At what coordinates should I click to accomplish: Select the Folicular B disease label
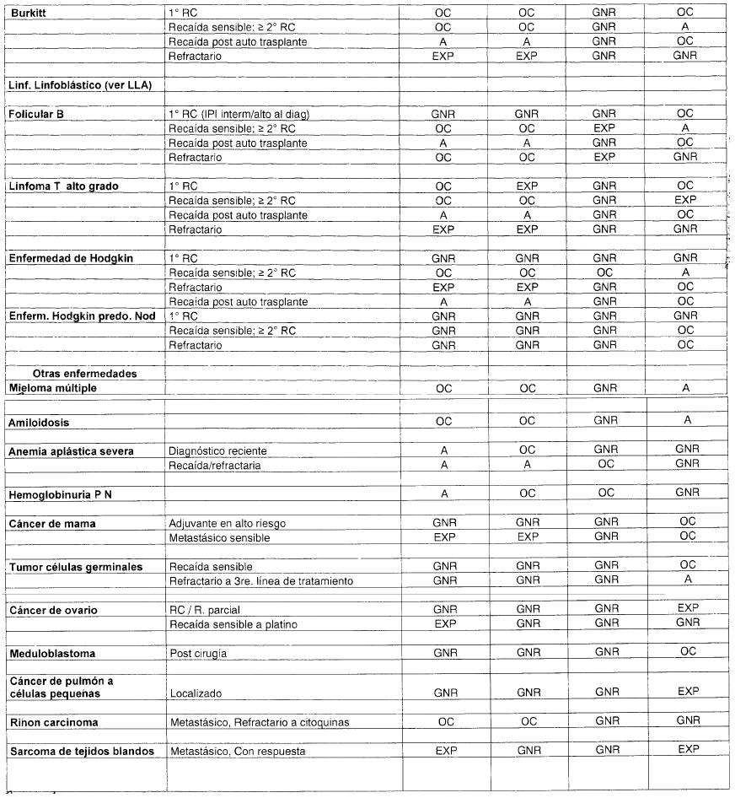36,114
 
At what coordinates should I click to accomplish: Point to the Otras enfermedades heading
85,373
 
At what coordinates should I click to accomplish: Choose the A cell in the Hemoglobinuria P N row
443,494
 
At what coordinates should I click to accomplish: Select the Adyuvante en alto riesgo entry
228,524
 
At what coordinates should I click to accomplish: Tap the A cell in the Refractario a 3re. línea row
685,581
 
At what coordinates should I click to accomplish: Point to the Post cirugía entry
198,654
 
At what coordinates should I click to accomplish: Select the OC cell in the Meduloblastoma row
685,652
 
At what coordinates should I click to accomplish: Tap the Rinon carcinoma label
53,723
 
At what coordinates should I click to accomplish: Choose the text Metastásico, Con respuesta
237,751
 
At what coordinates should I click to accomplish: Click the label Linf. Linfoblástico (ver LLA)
83,86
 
